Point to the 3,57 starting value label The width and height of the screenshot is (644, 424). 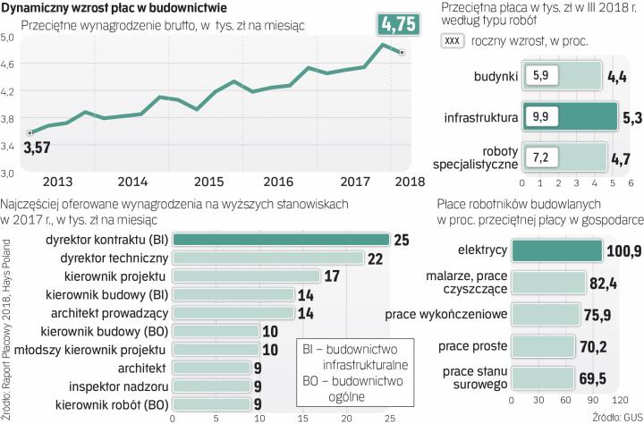[x=37, y=147]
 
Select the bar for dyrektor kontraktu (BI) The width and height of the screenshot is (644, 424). [x=280, y=239]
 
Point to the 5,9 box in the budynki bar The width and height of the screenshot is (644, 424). [x=539, y=77]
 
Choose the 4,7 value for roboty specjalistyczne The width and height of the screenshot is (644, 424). [x=621, y=158]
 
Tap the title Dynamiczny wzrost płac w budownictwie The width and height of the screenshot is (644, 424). [x=112, y=8]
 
